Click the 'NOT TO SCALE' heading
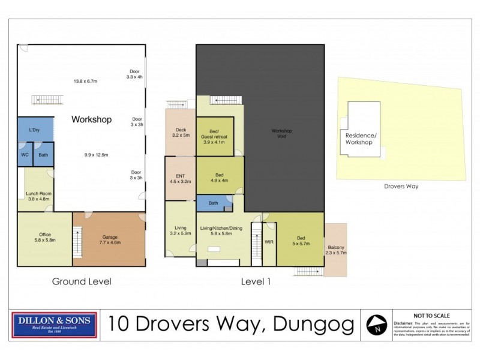pos(431,315)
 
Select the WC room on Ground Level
pos(25,155)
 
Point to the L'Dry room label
pos(35,130)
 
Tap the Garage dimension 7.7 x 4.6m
pos(108,242)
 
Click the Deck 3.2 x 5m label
pos(181,133)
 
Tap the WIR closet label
pos(269,242)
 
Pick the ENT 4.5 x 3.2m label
pos(180,178)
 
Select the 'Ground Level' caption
pos(82,281)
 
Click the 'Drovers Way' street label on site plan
pos(401,186)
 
